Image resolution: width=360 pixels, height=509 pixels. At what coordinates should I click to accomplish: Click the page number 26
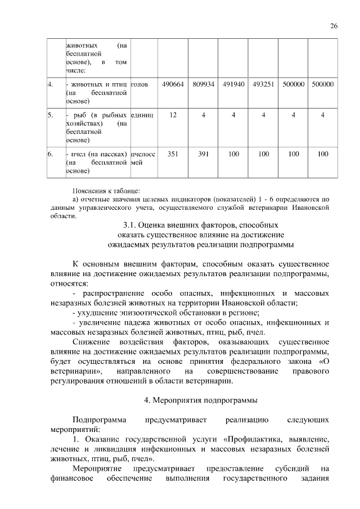(x=333, y=26)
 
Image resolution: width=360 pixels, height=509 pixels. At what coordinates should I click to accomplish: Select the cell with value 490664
(x=173, y=84)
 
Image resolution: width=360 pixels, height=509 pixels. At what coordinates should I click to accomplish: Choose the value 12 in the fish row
(x=173, y=115)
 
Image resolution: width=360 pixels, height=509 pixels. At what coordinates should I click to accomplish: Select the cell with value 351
(x=173, y=153)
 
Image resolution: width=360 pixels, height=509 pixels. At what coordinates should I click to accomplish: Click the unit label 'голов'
(x=139, y=84)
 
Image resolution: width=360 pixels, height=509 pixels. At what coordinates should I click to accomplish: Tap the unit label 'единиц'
(x=142, y=115)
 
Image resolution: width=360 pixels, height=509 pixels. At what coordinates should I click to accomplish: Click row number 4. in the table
(x=51, y=84)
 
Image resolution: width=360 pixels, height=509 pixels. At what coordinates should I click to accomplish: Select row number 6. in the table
(x=51, y=153)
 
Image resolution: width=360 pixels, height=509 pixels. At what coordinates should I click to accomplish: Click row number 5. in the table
(x=51, y=115)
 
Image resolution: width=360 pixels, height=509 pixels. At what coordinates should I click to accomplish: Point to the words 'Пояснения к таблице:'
(x=106, y=190)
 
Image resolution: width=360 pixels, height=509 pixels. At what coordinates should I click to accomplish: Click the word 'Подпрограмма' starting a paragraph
(x=94, y=420)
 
